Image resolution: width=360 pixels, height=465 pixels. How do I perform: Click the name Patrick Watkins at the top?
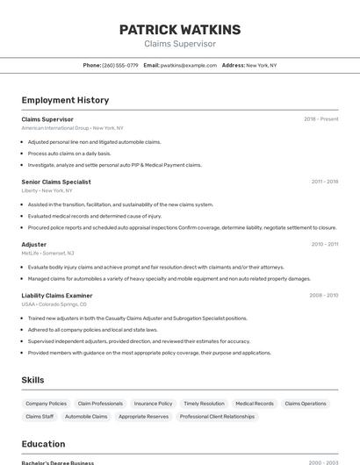click(x=179, y=29)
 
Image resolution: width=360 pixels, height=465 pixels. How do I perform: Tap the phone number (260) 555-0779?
click(x=119, y=65)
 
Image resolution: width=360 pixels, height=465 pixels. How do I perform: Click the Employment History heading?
click(x=65, y=100)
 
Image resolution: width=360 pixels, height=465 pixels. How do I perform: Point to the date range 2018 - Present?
click(x=320, y=119)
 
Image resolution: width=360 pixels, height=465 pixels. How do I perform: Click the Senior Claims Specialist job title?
click(x=56, y=182)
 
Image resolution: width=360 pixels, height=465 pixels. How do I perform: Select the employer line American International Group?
click(x=68, y=128)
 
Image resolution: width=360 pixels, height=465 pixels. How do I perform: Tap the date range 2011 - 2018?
click(x=324, y=182)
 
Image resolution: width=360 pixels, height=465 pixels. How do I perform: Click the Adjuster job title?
click(x=34, y=244)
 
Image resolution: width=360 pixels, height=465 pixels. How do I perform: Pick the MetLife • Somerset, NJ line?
click(x=47, y=253)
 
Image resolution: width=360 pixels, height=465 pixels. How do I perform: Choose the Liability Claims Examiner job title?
click(x=57, y=296)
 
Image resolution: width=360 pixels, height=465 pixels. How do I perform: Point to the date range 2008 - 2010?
click(x=323, y=296)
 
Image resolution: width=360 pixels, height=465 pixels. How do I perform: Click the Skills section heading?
click(x=32, y=380)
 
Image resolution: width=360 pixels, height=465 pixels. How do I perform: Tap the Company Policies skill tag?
click(x=46, y=404)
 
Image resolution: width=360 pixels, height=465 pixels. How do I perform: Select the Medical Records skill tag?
click(x=255, y=404)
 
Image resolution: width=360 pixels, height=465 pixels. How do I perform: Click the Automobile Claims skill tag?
click(x=86, y=417)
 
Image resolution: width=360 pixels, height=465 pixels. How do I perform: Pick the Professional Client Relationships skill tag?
click(x=217, y=417)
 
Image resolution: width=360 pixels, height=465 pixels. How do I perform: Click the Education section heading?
click(x=43, y=444)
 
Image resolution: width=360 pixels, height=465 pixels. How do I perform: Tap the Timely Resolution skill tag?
click(x=204, y=404)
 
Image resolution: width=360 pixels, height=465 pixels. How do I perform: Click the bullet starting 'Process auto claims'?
click(x=69, y=153)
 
